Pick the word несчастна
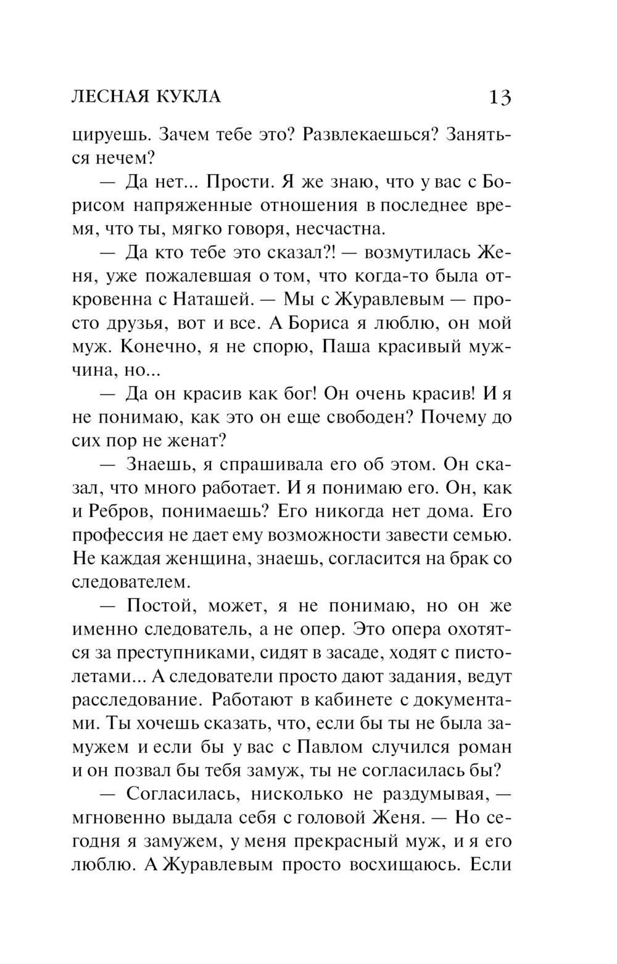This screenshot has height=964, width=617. point(341,229)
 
